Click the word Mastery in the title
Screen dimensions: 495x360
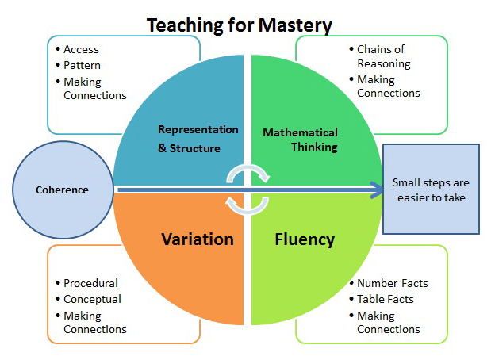pos(295,25)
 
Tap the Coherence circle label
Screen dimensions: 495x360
pos(62,190)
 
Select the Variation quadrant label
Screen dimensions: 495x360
pos(198,239)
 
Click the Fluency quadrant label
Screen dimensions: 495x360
pos(305,239)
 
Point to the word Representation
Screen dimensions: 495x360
pos(198,129)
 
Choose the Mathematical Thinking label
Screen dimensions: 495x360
pos(300,140)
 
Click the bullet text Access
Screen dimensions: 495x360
pos(81,49)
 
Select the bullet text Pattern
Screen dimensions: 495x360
pos(82,65)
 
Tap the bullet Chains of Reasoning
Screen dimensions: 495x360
pos(384,56)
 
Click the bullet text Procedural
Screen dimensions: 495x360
pos(91,283)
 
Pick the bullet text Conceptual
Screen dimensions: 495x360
pos(93,300)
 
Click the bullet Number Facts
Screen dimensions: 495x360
pos(393,283)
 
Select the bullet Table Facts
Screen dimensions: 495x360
pos(386,299)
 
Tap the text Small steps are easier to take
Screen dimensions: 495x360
pos(431,190)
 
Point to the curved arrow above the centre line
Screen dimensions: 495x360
pos(247,170)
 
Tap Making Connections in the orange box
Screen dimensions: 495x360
pos(95,322)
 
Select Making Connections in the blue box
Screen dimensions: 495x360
pos(95,88)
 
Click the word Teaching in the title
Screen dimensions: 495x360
pos(185,26)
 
